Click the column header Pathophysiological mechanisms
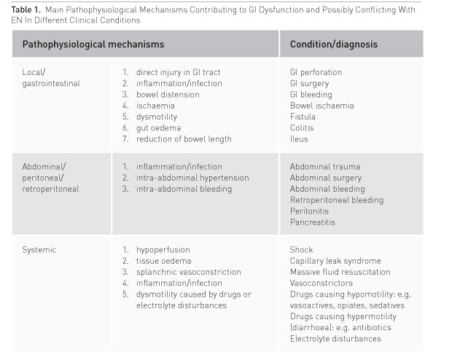pos(93,44)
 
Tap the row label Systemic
pos(39,250)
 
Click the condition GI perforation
pos(316,72)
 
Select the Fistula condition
pos(303,117)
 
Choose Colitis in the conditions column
pos(303,128)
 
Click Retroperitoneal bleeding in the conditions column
pos(336,200)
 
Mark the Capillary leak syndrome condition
pos(335,261)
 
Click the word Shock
pos(301,250)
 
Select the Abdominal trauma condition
pos(324,167)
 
